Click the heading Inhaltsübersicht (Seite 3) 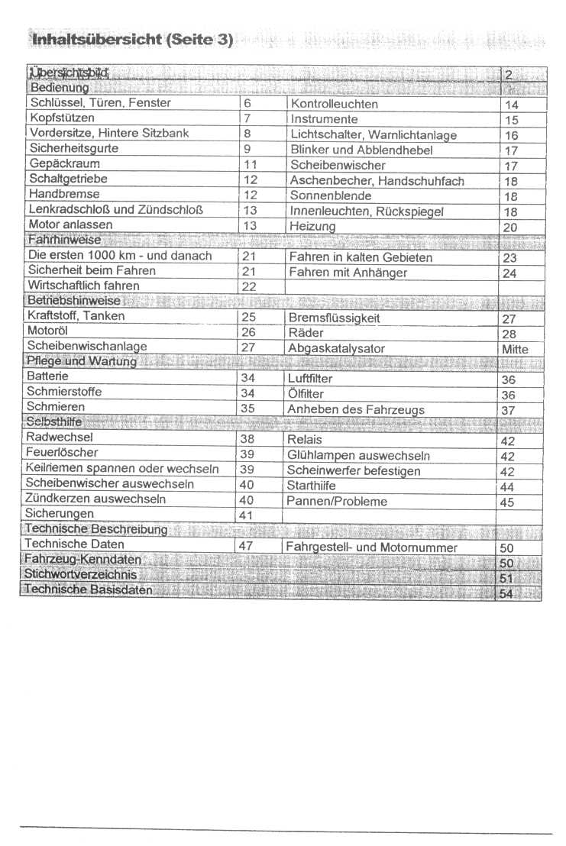131,39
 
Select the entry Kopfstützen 62,118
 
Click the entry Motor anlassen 70,224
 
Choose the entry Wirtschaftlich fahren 83,286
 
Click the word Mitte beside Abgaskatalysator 515,349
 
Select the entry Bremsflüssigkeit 334,318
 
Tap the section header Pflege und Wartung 81,361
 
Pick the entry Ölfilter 306,394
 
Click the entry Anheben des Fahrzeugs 355,409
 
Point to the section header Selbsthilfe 53,422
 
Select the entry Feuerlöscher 62,453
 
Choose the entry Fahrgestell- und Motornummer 371,547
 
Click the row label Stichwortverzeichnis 81,574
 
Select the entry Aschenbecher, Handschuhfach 377,181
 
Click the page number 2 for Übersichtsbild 508,75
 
